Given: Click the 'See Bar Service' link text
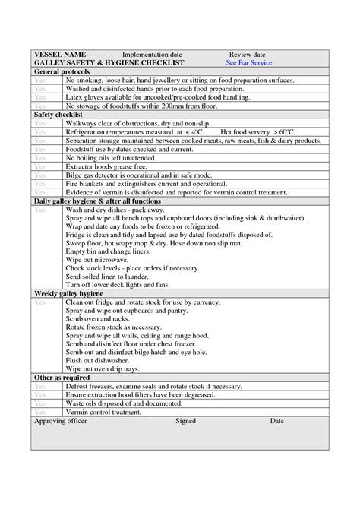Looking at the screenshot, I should click(250, 63).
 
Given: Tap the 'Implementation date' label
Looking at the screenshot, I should click(152, 55).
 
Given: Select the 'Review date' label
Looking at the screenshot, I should click(247, 55).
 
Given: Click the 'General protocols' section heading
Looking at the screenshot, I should click(63, 71).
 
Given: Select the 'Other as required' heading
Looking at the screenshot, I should click(62, 378).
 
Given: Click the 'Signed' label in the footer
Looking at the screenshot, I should click(185, 420).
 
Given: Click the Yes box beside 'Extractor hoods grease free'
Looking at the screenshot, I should click(39, 166).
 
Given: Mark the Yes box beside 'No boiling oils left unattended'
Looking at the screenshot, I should click(39, 157).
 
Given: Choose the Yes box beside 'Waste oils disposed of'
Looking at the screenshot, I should click(39, 403).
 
